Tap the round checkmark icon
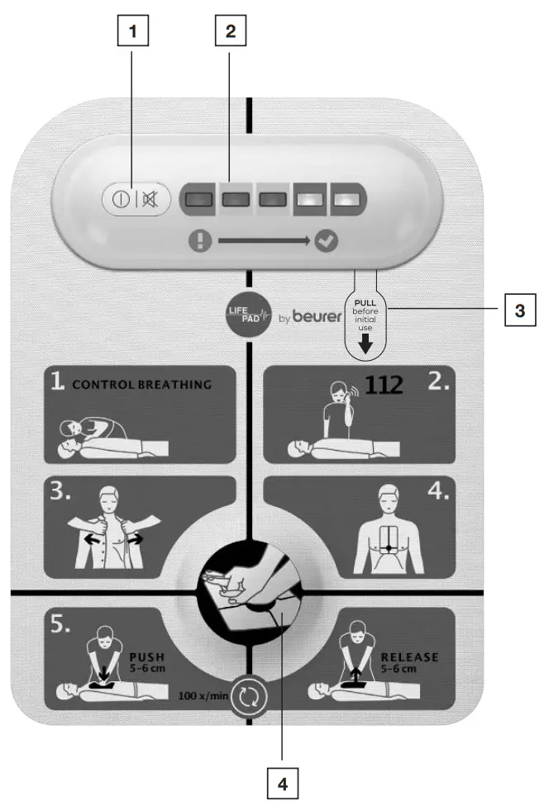coord(326,242)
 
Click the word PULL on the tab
coord(365,303)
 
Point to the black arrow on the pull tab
coord(365,342)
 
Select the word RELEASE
coord(409,657)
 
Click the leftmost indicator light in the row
coord(199,200)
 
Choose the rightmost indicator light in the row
coord(346,200)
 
